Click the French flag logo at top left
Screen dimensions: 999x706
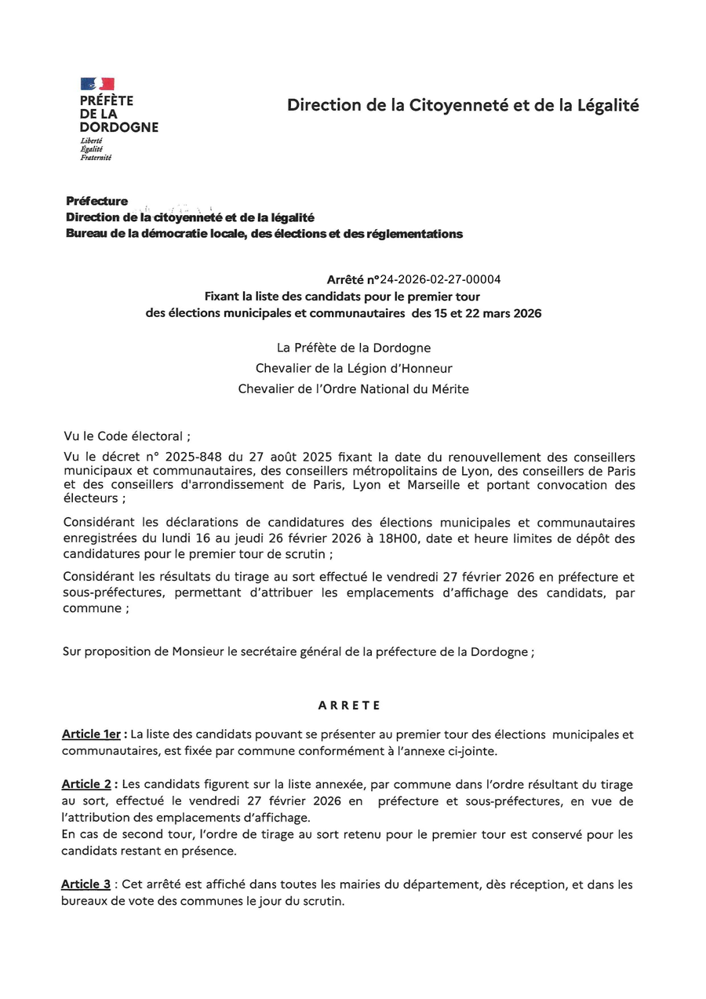tap(97, 84)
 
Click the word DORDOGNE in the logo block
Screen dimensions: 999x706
tap(119, 127)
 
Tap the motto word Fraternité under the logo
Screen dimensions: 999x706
tap(96, 158)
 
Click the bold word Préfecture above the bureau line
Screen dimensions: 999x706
tap(96, 202)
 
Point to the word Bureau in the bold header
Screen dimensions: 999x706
tap(87, 234)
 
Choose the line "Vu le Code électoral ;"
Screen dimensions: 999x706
tap(126, 436)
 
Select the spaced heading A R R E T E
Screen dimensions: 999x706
tap(350, 705)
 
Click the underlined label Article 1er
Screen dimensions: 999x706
tap(92, 735)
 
